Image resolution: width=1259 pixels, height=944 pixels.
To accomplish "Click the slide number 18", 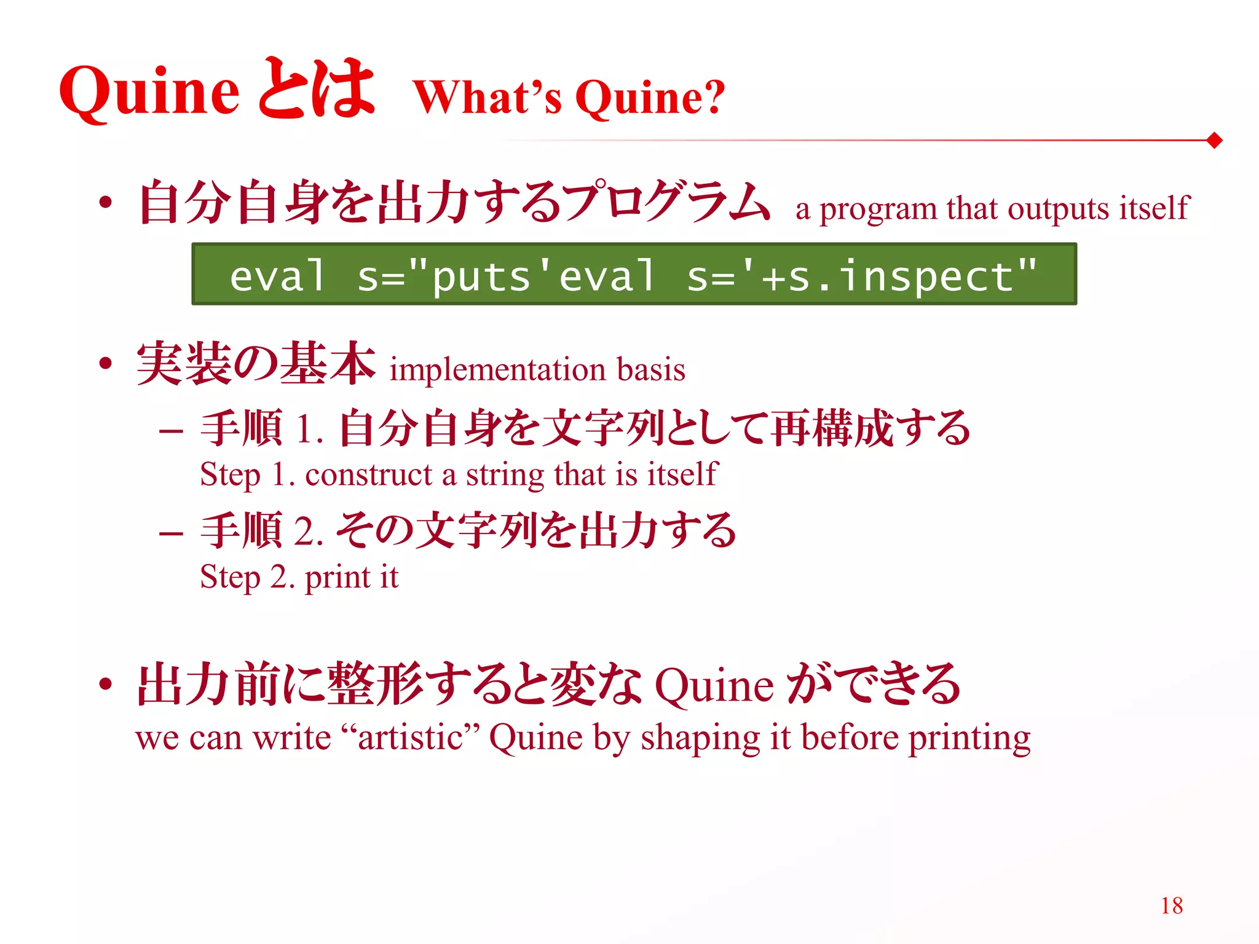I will click(1172, 905).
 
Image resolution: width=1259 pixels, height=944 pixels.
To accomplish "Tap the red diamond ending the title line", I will click(1214, 141).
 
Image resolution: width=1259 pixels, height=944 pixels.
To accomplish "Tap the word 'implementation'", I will click(498, 370).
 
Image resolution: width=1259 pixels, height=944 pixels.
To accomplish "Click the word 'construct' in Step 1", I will click(369, 475).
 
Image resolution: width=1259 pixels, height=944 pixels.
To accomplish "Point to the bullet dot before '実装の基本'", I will click(106, 363).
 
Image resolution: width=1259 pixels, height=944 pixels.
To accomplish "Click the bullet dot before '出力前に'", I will click(106, 684).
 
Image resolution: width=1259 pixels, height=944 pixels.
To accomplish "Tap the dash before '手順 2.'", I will click(170, 533).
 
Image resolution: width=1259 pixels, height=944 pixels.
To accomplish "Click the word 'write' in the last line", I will click(292, 737).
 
